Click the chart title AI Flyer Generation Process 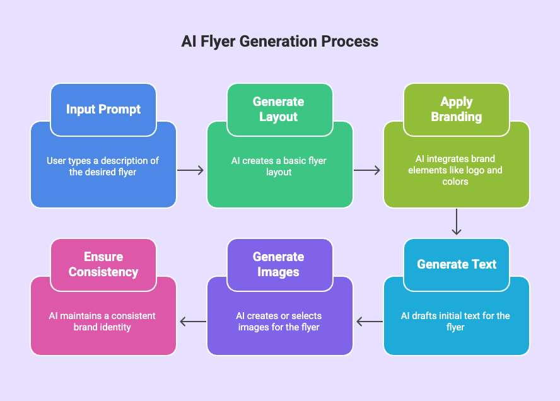pyautogui.click(x=280, y=42)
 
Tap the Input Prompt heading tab pyautogui.click(x=103, y=109)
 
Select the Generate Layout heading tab pyautogui.click(x=279, y=109)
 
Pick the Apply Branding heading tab pyautogui.click(x=457, y=109)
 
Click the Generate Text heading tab pyautogui.click(x=457, y=264)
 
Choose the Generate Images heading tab pyautogui.click(x=279, y=264)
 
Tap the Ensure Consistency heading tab pyautogui.click(x=103, y=264)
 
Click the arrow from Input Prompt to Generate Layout pyautogui.click(x=191, y=170)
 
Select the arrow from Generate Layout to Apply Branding pyautogui.click(x=367, y=170)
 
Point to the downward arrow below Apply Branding pyautogui.click(x=457, y=223)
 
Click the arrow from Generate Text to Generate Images pyautogui.click(x=369, y=322)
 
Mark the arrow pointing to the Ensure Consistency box pyautogui.click(x=192, y=322)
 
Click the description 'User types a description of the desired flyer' pyautogui.click(x=103, y=166)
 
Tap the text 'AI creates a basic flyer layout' pyautogui.click(x=279, y=166)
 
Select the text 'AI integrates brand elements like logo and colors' pyautogui.click(x=455, y=170)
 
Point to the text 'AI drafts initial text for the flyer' pyautogui.click(x=455, y=321)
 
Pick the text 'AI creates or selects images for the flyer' pyautogui.click(x=279, y=321)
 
